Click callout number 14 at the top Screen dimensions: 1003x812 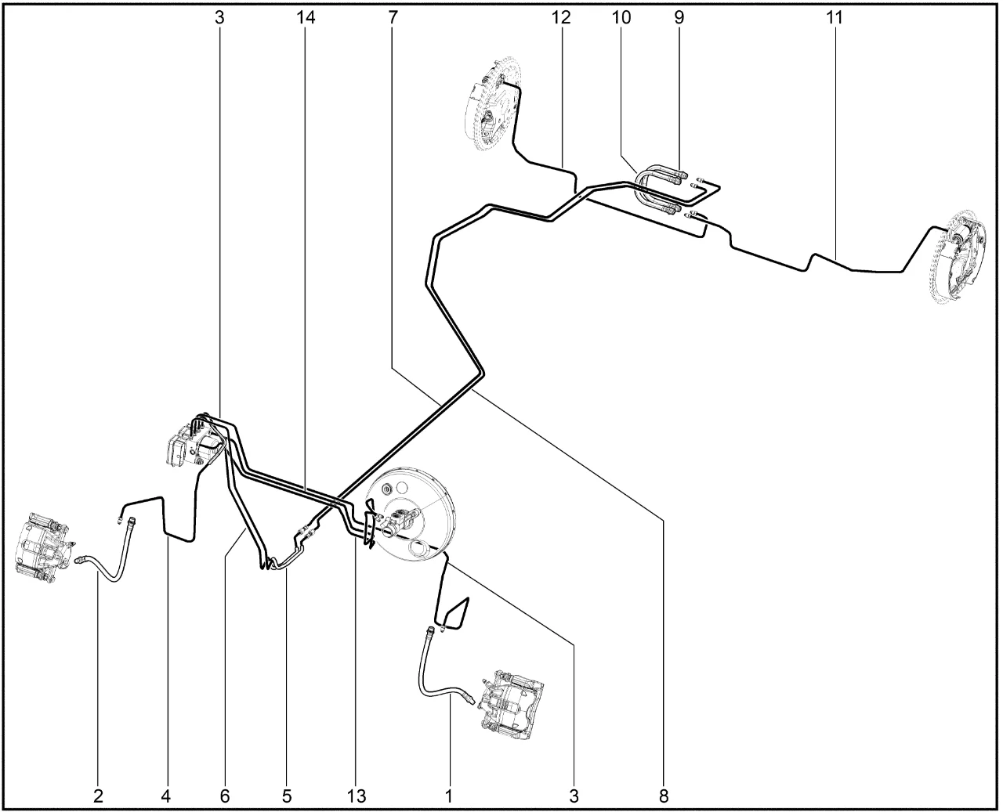click(x=306, y=18)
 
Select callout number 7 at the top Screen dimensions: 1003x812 click(x=393, y=18)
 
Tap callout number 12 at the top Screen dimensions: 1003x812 click(x=561, y=18)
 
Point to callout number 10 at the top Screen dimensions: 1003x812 click(x=621, y=18)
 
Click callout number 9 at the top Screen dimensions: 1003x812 click(x=679, y=18)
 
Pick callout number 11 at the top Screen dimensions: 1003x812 click(x=835, y=18)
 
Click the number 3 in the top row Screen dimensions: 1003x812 click(x=219, y=18)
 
